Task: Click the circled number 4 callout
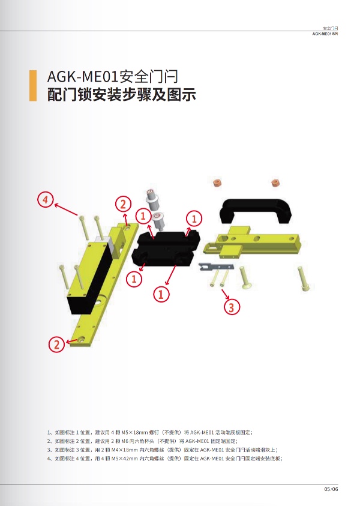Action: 46,199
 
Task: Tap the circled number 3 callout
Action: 232,307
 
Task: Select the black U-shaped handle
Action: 256,211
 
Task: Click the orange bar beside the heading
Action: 33,85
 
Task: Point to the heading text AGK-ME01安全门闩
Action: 113,77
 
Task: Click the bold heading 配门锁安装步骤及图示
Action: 122,94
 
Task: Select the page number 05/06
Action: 331,489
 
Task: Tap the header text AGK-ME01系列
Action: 325,34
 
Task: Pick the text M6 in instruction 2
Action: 125,441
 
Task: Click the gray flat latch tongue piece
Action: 216,267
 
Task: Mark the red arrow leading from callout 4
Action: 66,209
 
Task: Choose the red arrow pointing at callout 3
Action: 225,294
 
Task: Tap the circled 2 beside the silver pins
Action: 123,204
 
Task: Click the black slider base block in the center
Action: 166,248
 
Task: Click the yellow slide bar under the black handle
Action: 252,242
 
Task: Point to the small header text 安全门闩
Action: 331,28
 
